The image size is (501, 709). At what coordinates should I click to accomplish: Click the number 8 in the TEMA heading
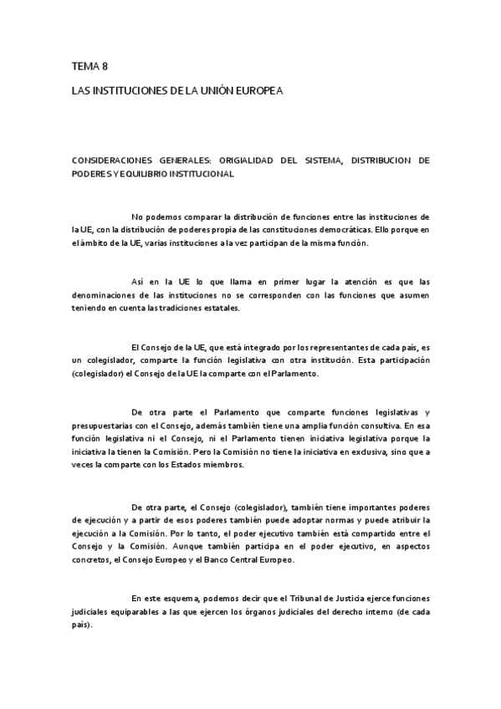[x=105, y=65]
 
